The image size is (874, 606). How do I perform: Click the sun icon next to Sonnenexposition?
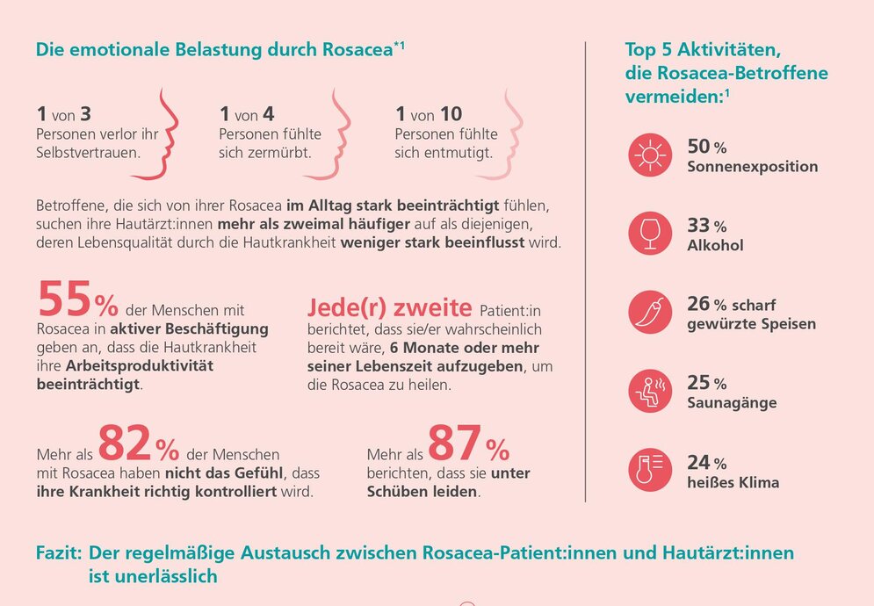click(650, 155)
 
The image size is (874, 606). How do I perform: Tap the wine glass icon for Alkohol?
click(650, 234)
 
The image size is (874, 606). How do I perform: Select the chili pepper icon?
click(650, 312)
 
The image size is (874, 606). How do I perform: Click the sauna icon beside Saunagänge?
click(650, 391)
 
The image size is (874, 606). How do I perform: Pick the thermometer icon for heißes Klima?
click(650, 470)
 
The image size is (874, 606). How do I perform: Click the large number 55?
click(64, 299)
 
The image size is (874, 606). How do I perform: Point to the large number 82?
click(125, 444)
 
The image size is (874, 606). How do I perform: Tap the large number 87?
click(455, 444)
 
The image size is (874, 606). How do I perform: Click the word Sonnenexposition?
click(753, 167)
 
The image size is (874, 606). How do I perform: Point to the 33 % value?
click(707, 225)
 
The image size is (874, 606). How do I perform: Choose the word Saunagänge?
click(732, 403)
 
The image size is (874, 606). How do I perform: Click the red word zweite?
click(432, 307)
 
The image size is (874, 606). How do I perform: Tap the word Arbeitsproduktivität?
click(140, 366)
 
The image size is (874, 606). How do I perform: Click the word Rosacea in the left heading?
click(358, 49)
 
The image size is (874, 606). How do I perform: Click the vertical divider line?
click(585, 271)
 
